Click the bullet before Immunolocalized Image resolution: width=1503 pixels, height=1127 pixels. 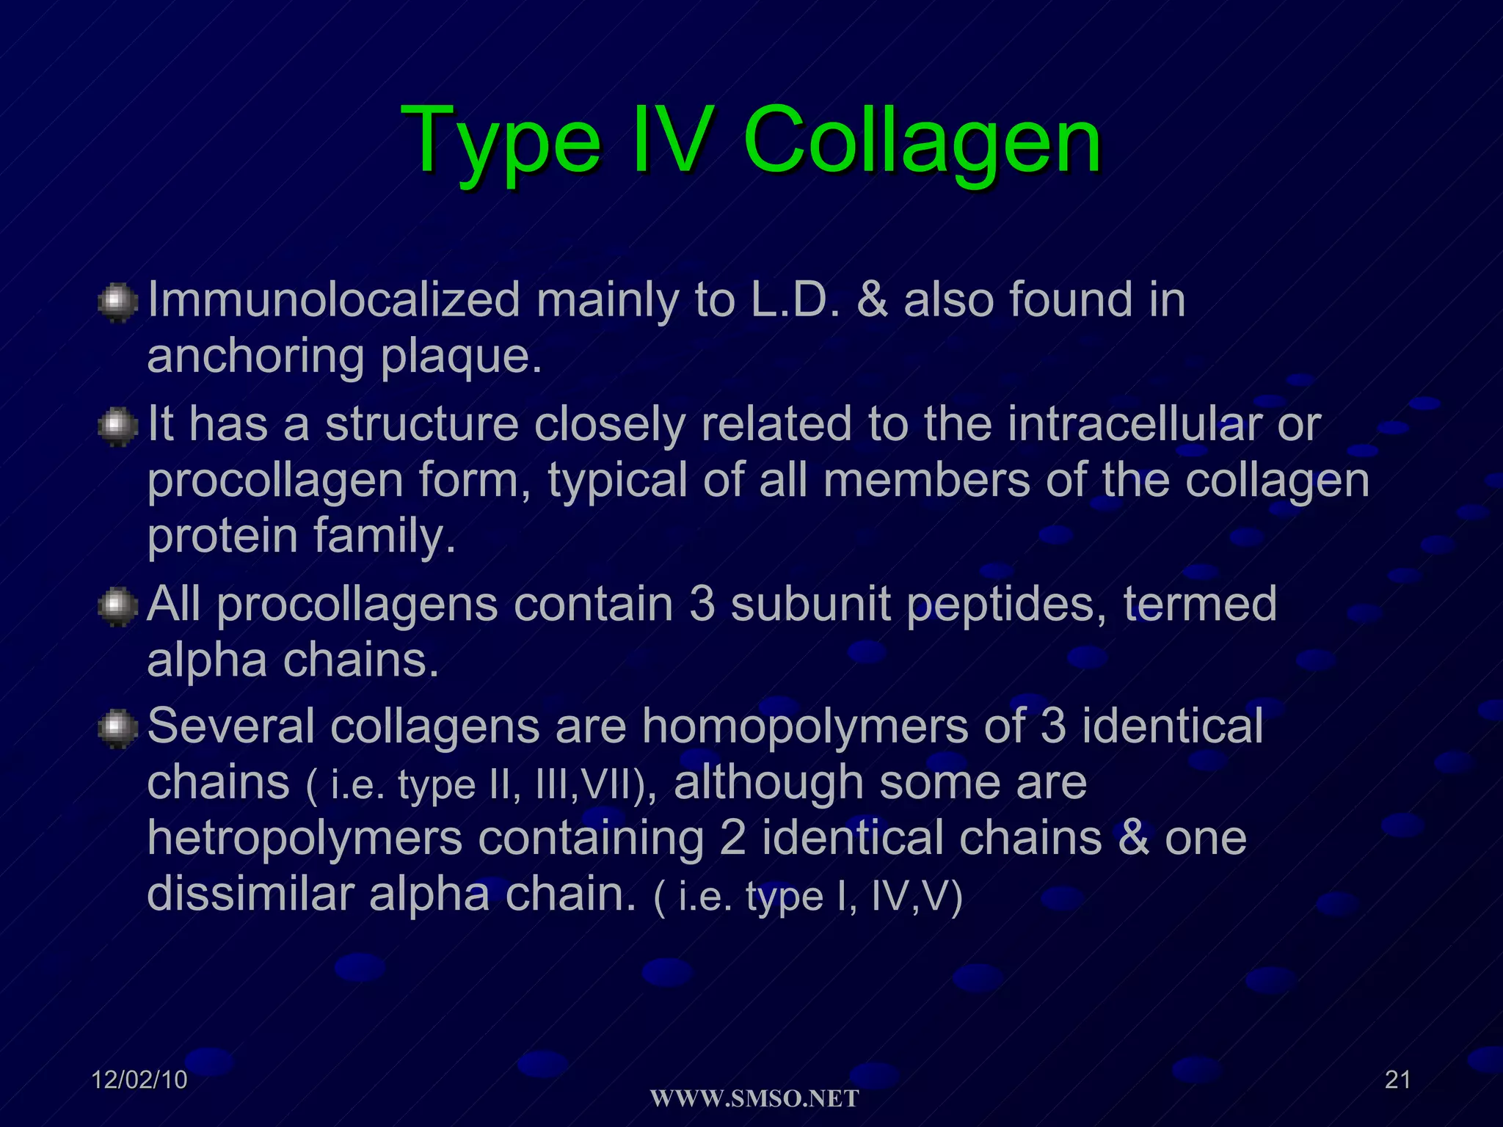(x=117, y=303)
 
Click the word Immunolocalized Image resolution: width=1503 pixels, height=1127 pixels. (x=334, y=300)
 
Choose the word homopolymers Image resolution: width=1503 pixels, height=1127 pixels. (x=805, y=726)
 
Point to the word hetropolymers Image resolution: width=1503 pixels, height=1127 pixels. (x=305, y=838)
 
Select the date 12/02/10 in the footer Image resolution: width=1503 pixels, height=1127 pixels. (x=139, y=1079)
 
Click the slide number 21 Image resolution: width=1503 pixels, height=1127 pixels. (x=1397, y=1079)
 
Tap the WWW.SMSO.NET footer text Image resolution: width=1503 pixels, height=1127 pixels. (x=754, y=1098)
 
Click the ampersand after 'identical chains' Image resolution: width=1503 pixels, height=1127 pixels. (x=1134, y=838)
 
